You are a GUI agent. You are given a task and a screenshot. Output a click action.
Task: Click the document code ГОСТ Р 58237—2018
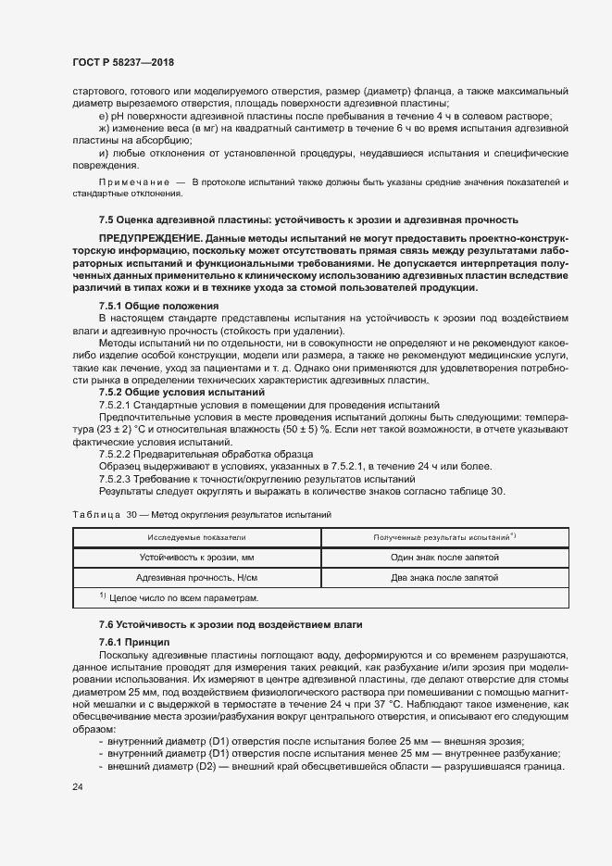coord(123,62)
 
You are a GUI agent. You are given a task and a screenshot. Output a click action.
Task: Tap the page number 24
coord(78,786)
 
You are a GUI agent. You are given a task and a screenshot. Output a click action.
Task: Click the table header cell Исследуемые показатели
coord(195,537)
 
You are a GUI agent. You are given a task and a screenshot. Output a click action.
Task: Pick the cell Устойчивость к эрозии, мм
coord(195,558)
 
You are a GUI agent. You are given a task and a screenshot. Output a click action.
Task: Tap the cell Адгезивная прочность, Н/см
coord(195,578)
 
